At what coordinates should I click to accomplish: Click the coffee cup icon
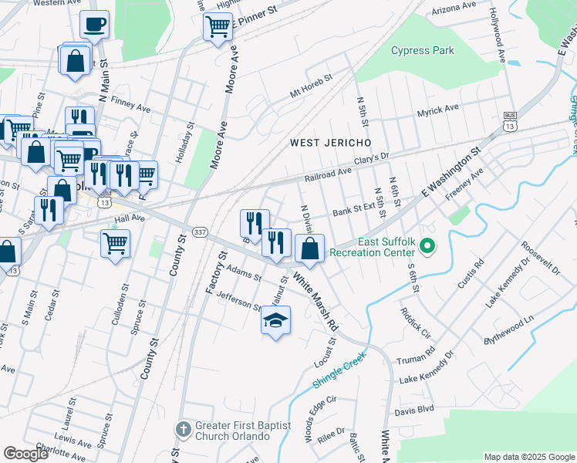click(94, 25)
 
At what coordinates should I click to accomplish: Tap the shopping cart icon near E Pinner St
click(218, 26)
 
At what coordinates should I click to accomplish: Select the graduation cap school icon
click(275, 320)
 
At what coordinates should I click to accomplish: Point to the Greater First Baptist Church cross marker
click(183, 429)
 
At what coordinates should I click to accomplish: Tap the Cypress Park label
click(422, 51)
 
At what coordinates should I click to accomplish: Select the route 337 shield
click(200, 232)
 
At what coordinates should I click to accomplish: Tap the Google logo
click(26, 454)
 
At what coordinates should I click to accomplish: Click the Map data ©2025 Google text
click(529, 457)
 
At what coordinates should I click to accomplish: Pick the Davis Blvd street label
click(415, 411)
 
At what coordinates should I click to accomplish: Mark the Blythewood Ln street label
click(508, 330)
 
